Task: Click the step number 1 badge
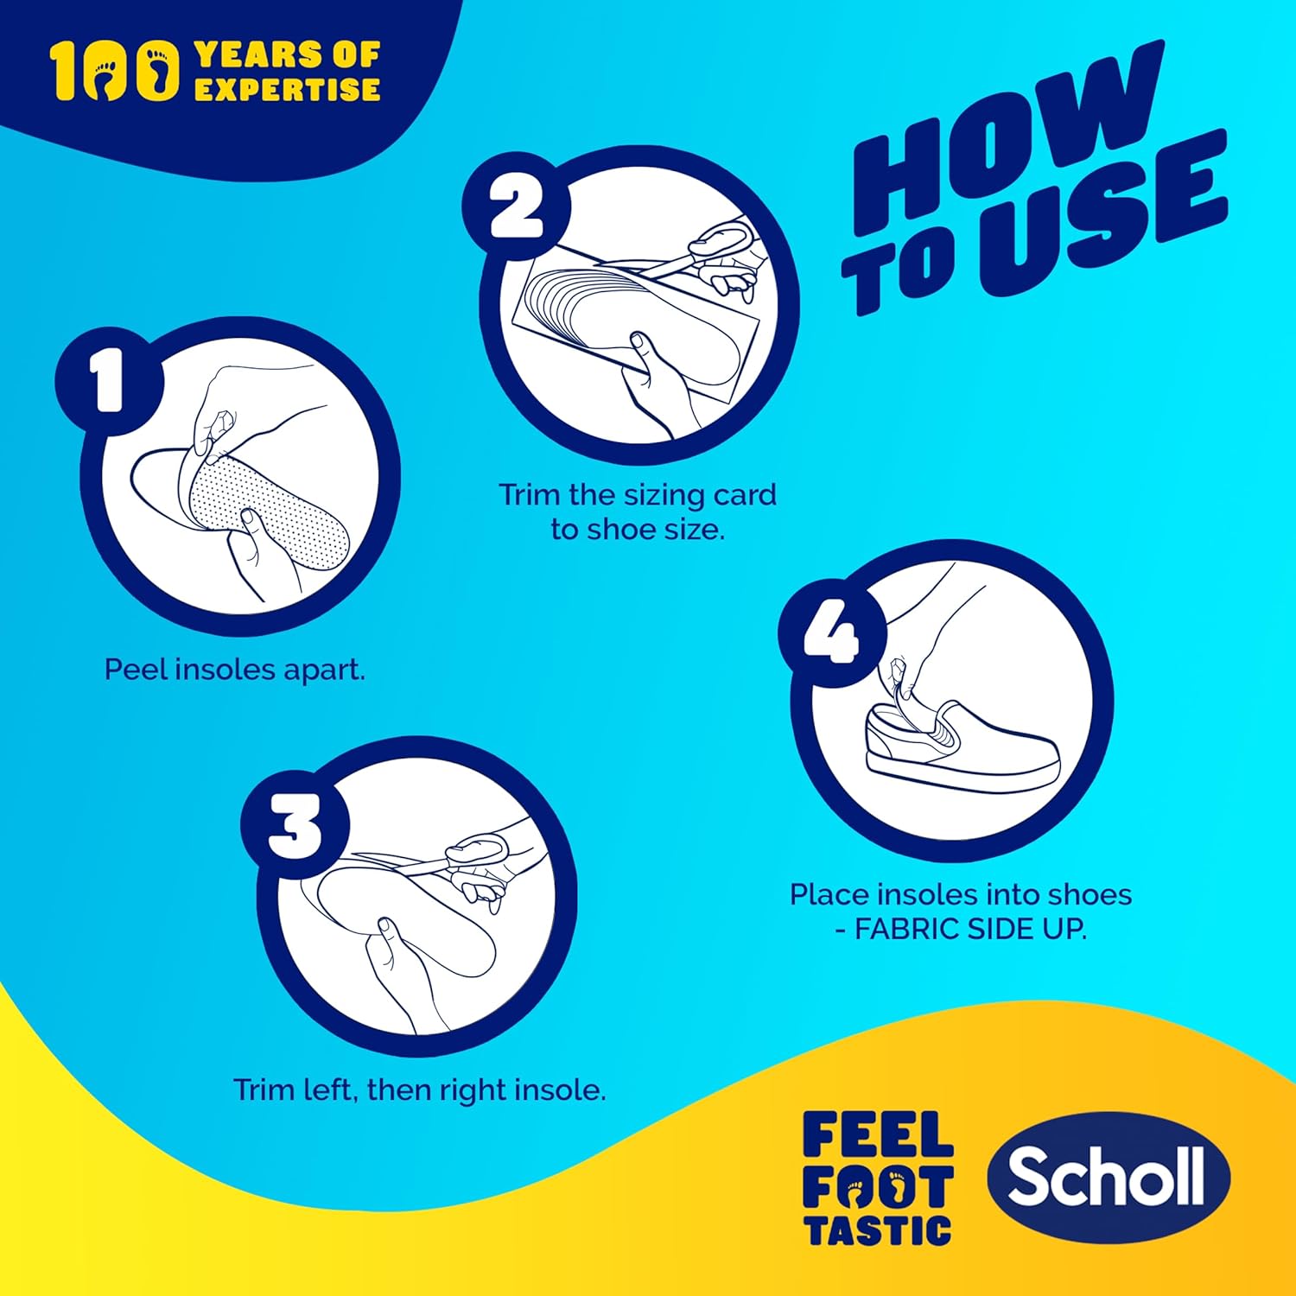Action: [x=109, y=381]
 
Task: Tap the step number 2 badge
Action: [x=516, y=207]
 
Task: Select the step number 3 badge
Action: [x=294, y=824]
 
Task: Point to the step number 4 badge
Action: [x=831, y=635]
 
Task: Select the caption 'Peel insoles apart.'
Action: [x=234, y=670]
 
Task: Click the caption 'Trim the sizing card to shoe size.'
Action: [x=638, y=511]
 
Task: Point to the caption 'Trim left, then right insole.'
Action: [x=419, y=1090]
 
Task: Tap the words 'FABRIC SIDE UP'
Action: [x=968, y=929]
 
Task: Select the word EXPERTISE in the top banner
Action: [x=287, y=89]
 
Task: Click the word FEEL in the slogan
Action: [x=877, y=1134]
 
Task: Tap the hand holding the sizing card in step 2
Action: [x=657, y=380]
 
